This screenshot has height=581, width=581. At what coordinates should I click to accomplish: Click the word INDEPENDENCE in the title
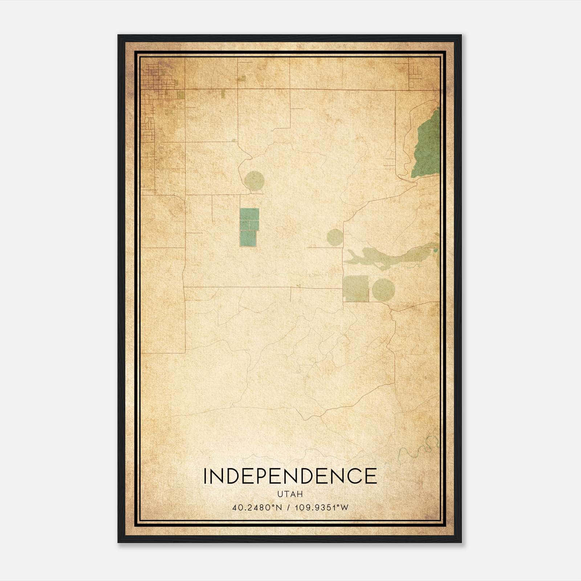click(290, 476)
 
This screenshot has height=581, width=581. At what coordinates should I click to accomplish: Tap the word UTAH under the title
click(290, 494)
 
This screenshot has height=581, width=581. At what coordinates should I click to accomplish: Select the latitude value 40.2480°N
click(257, 507)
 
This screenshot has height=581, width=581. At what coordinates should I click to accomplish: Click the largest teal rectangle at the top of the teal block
click(249, 214)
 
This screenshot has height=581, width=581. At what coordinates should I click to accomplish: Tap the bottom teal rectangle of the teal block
click(248, 239)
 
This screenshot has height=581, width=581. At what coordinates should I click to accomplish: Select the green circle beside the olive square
click(383, 289)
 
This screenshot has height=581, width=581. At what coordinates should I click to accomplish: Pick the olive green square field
click(356, 288)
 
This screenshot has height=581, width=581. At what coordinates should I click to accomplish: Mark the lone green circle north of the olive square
click(335, 237)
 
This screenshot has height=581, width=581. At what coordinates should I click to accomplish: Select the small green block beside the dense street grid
click(180, 95)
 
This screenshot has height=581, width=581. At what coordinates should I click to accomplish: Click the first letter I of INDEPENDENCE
click(205, 476)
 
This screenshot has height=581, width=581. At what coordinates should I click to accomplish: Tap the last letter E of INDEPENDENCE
click(371, 476)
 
